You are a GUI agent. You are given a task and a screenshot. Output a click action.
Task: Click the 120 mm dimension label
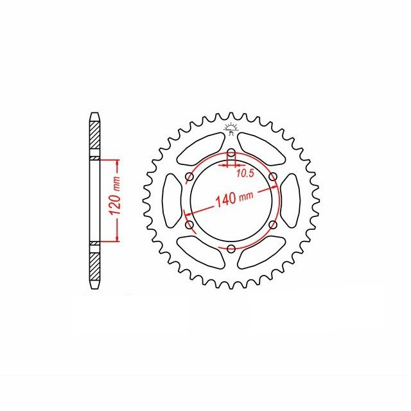click(116, 195)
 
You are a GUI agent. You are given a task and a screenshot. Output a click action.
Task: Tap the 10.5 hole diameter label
click(245, 173)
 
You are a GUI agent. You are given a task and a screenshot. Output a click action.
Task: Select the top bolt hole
click(231, 153)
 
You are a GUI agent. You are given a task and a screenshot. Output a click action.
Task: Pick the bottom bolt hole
click(231, 249)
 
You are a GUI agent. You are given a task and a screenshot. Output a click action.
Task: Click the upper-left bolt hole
click(189, 177)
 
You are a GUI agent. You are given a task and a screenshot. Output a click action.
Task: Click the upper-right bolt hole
click(273, 177)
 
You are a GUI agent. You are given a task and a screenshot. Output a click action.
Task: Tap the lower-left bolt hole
click(189, 225)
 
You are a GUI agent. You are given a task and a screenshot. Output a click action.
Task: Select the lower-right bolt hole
click(273, 225)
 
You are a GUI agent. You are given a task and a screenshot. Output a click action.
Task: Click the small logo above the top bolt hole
click(231, 129)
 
